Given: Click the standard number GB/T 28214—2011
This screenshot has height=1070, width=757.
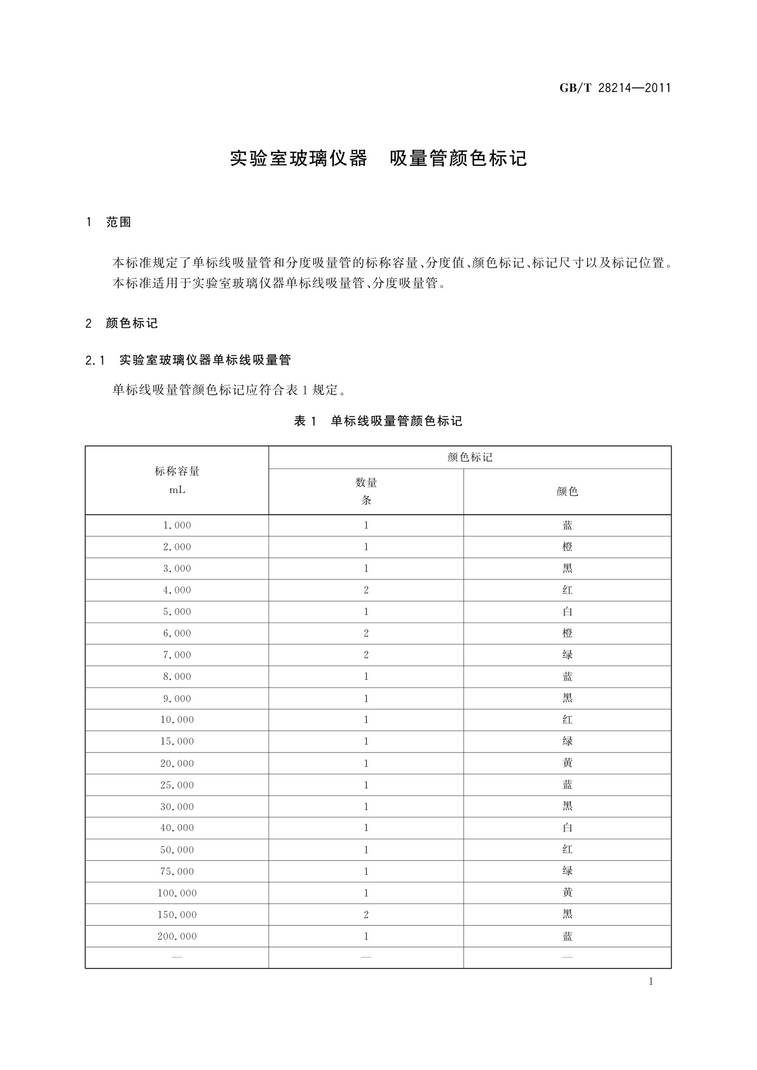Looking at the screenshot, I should [x=615, y=88].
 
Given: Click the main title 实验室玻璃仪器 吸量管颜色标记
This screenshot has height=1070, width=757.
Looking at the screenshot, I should [x=378, y=158].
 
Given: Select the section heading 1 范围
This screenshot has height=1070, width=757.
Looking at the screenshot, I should [x=109, y=222].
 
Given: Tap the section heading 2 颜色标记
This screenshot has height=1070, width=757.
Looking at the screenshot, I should [x=121, y=323].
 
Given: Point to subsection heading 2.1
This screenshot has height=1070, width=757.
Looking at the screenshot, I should [x=188, y=360].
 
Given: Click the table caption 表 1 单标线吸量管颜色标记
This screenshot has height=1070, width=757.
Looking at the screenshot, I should [x=378, y=421].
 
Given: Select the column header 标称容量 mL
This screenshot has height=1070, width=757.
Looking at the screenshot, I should [x=177, y=480].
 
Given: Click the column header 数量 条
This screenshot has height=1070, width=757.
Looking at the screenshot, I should [x=366, y=491].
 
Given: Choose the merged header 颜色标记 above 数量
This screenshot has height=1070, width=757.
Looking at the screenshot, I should [x=470, y=457].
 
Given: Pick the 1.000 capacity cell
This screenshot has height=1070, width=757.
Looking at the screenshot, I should [x=177, y=525].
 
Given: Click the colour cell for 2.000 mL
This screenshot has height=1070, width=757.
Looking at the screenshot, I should [x=567, y=547].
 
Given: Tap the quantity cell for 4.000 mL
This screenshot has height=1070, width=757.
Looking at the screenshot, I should [x=366, y=590].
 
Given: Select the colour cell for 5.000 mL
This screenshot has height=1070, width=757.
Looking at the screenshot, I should [x=567, y=612].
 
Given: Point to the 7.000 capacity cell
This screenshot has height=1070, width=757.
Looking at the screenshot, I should [x=177, y=655].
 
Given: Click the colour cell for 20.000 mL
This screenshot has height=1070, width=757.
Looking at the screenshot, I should [x=567, y=763].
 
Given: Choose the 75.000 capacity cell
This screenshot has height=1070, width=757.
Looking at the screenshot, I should [x=177, y=871].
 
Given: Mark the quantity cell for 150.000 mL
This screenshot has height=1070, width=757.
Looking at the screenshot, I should [x=366, y=914].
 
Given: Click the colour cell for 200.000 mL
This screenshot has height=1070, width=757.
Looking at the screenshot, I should [x=567, y=936].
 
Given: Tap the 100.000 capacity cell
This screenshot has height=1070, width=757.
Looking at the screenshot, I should [x=177, y=893].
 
